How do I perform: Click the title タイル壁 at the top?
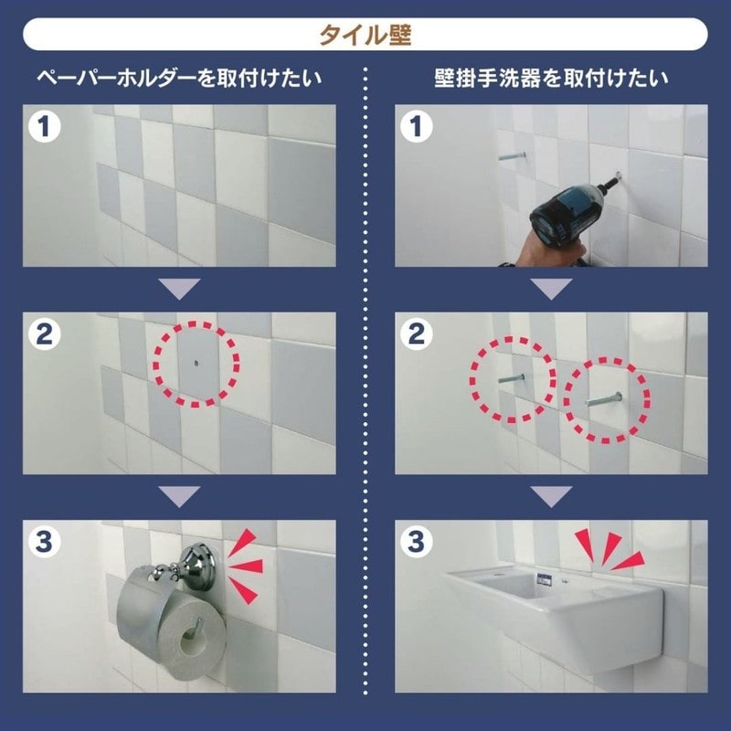point(365,35)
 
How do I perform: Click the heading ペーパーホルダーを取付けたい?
point(179,79)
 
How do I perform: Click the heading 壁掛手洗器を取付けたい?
point(551,79)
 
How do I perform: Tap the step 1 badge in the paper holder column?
point(44,126)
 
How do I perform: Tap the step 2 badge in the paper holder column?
point(44,334)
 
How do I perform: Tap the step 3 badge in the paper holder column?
point(44,542)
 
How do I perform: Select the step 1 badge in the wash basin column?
point(417,126)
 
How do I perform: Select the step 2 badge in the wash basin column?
point(417,334)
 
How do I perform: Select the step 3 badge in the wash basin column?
point(417,542)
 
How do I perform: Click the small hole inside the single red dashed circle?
point(195,363)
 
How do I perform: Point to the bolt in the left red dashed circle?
point(512,376)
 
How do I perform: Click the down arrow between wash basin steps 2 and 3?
point(551,497)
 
